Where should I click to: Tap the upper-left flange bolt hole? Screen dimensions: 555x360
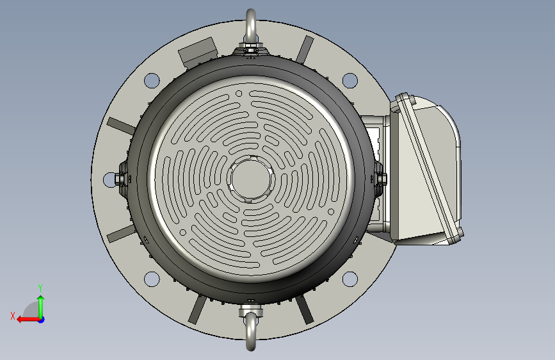152,81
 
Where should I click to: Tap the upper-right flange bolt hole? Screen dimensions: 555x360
350,81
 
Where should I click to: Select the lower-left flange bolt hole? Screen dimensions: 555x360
152,279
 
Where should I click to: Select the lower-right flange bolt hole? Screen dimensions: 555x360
350,279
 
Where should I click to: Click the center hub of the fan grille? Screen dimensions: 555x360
250,179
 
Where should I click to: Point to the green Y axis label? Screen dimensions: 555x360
40,288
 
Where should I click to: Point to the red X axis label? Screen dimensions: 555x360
13,316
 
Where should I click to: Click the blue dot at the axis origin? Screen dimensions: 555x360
42,320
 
